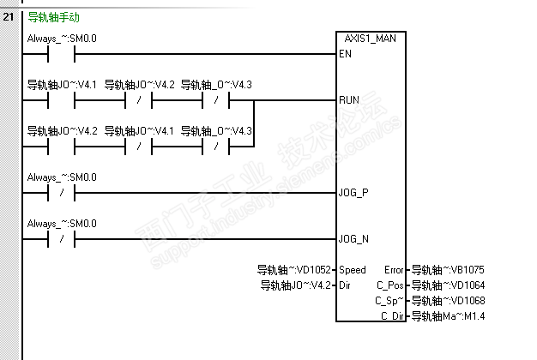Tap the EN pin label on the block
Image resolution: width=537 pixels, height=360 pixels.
click(346, 54)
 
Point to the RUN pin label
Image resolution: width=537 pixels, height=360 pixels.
click(349, 100)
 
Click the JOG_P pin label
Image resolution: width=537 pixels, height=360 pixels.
click(353, 193)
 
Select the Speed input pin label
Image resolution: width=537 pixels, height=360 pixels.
click(353, 270)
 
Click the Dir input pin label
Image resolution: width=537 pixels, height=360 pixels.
click(346, 285)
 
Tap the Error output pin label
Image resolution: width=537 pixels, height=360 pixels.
click(395, 270)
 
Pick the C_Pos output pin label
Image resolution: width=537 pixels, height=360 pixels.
click(390, 285)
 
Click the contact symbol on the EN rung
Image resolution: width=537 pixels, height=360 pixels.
click(62, 54)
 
